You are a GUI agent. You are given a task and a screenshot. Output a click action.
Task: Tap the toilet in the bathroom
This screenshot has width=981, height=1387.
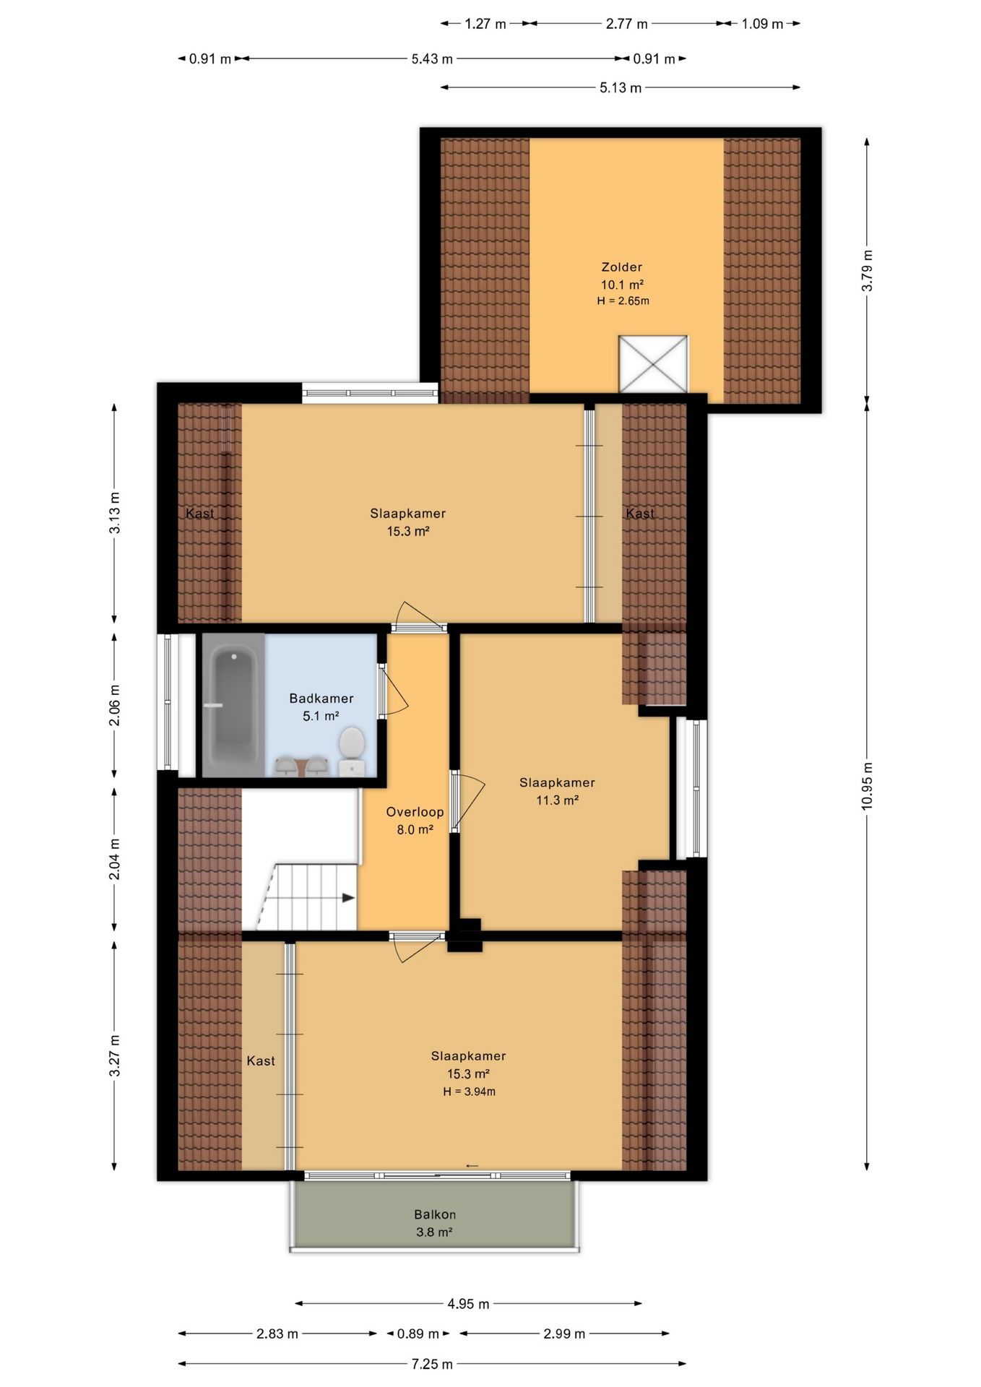352,751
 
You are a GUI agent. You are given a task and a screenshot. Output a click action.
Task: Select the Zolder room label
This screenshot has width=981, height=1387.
622,267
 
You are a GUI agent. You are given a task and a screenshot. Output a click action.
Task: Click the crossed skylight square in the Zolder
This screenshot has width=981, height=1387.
653,364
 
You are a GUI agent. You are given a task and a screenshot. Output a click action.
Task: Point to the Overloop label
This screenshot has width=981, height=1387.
415,812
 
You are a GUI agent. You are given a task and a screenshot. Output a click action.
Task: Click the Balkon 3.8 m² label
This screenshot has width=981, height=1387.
435,1223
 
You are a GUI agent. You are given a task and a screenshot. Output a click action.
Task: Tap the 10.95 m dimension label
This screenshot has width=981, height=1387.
867,786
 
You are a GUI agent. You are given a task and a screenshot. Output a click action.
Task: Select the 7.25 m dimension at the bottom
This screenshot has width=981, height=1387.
432,1364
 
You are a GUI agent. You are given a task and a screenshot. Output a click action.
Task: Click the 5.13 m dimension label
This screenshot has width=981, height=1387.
621,87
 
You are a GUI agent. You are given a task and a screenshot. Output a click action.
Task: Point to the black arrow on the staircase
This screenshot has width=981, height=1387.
348,898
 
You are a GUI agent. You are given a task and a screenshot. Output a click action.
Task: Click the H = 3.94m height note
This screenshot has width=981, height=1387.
470,1092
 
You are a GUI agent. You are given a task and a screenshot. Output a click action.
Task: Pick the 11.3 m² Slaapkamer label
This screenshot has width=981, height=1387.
557,791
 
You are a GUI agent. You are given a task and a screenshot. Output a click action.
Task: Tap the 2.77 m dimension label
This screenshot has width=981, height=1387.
626,24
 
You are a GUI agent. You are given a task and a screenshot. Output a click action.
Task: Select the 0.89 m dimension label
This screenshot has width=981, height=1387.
418,1334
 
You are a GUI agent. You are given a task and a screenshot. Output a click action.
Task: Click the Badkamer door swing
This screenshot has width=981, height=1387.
394,690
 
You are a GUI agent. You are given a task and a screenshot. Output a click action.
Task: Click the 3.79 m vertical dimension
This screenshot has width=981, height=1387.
867,271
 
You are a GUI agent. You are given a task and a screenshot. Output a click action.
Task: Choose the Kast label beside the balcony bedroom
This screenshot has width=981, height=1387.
261,1060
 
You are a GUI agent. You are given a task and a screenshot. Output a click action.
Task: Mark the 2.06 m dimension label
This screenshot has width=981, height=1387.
114,705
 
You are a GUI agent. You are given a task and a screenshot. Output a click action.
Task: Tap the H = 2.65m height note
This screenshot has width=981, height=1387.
623,301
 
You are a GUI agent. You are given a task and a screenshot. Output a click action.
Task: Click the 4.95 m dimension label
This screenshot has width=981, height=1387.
468,1304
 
